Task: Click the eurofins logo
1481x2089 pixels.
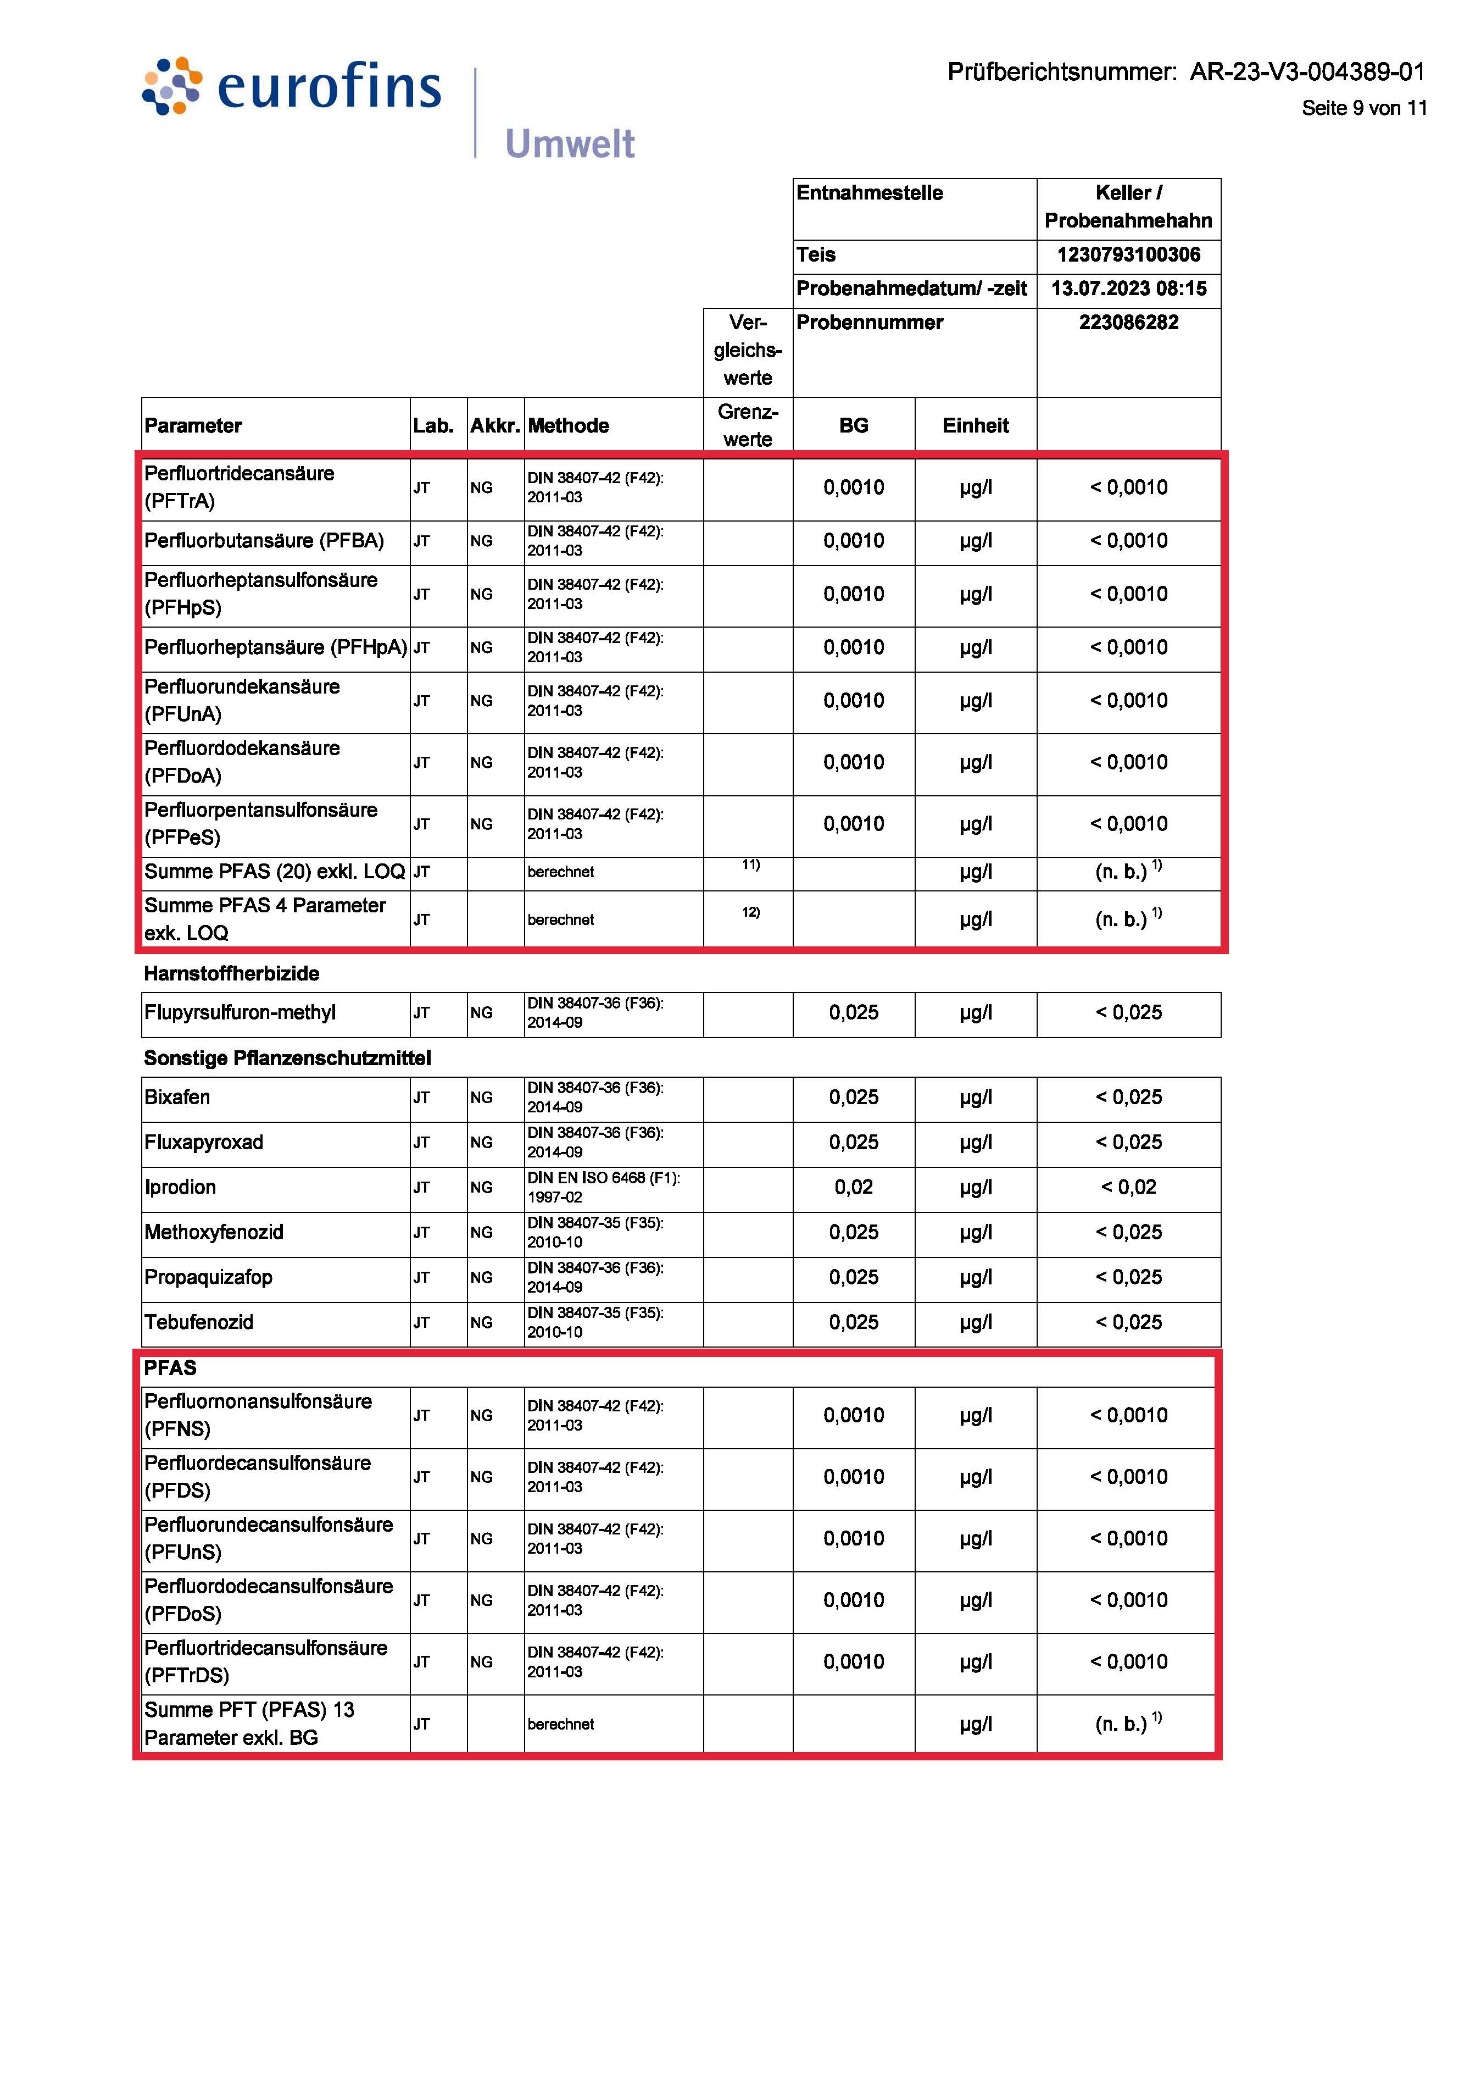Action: click(x=292, y=87)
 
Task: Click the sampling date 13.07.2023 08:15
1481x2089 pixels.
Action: click(x=1128, y=289)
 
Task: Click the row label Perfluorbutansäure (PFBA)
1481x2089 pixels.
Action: click(x=264, y=541)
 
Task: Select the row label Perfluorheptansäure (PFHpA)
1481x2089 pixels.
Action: click(x=275, y=647)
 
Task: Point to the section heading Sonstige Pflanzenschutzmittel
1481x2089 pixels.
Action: click(x=287, y=1058)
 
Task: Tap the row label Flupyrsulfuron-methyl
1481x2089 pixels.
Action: click(x=240, y=1012)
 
